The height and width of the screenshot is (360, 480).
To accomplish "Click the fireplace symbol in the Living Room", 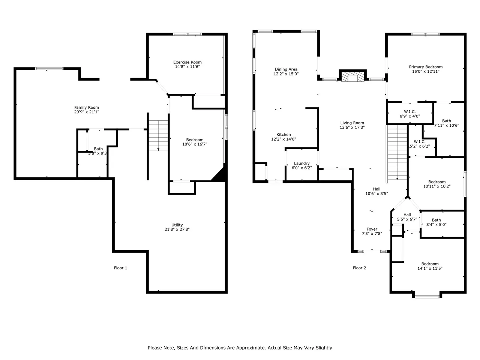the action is (x=352, y=77).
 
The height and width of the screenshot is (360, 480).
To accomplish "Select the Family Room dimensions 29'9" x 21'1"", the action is (x=87, y=112).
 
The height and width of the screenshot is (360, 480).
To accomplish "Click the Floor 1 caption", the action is (x=120, y=268).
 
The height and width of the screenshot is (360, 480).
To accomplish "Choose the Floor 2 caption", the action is (x=359, y=268).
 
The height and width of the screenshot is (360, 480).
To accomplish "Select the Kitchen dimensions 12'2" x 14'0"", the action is (x=283, y=139).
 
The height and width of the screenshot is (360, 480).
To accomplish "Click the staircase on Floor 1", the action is (x=158, y=135).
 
